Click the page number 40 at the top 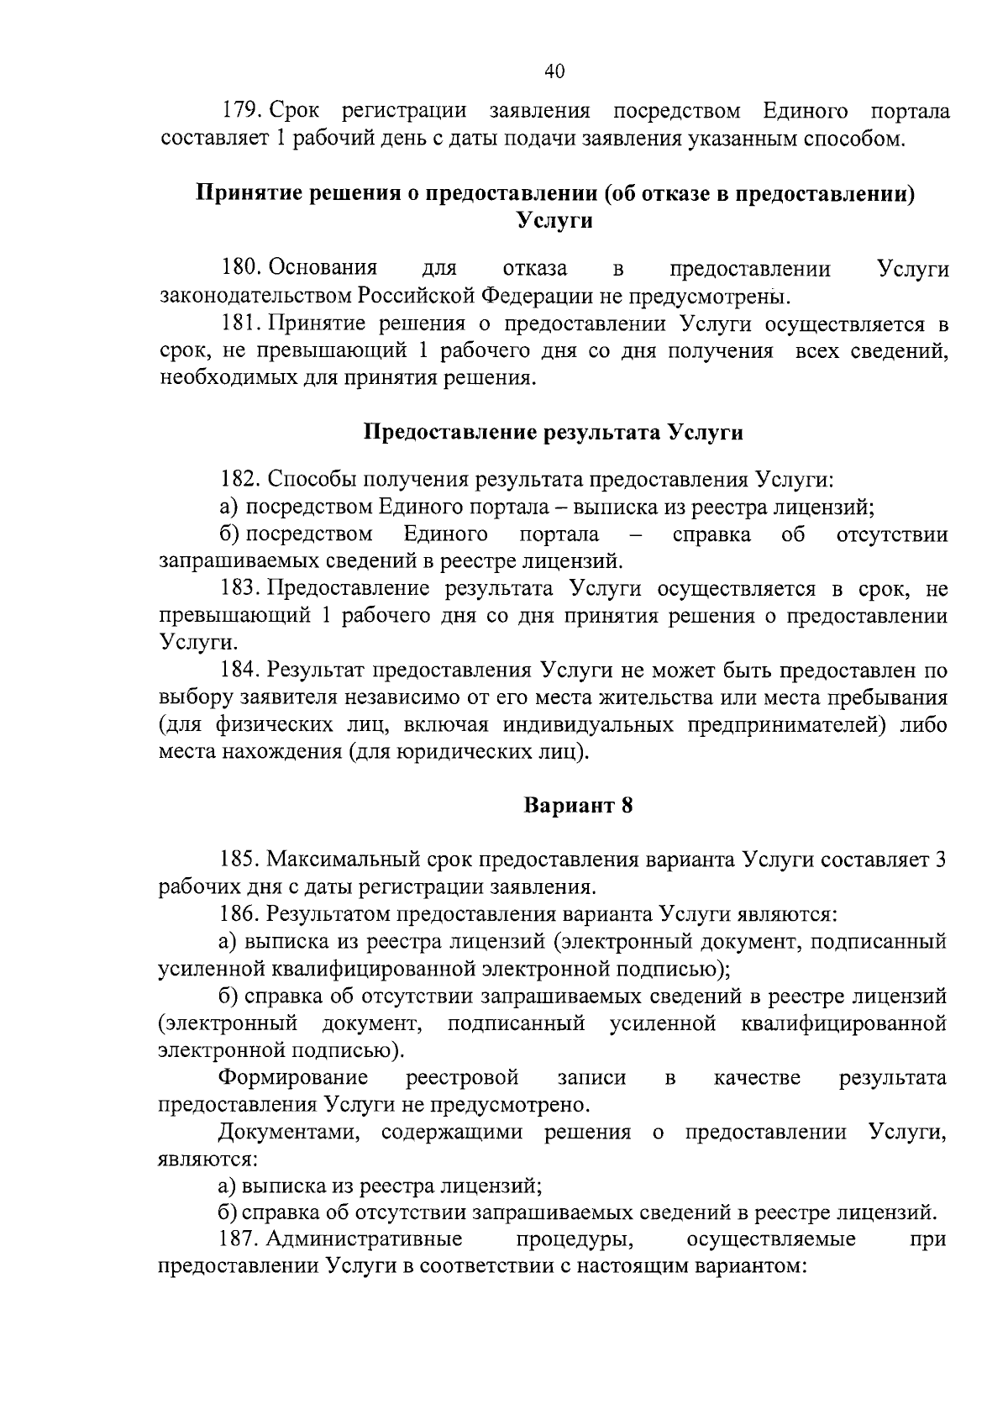(x=554, y=71)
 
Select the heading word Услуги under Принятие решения (x=554, y=221)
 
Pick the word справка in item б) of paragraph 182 (x=712, y=535)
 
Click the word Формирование (x=293, y=1077)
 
